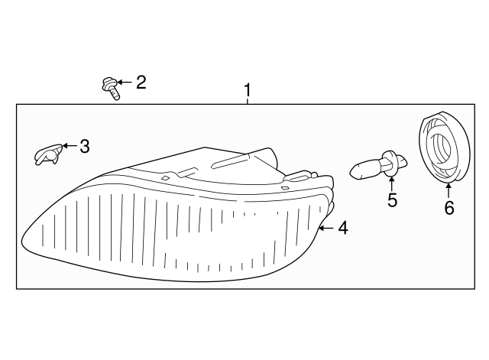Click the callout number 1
248,90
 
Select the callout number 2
141,83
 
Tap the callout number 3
85,146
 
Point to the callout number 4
343,228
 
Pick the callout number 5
392,199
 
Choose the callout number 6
449,208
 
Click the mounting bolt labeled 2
111,89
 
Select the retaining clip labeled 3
48,154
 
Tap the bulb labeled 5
378,165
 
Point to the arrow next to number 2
125,83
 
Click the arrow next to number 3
70,146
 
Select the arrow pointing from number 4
326,228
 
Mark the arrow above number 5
391,183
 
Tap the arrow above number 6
449,191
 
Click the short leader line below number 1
248,101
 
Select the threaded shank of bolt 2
115,94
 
